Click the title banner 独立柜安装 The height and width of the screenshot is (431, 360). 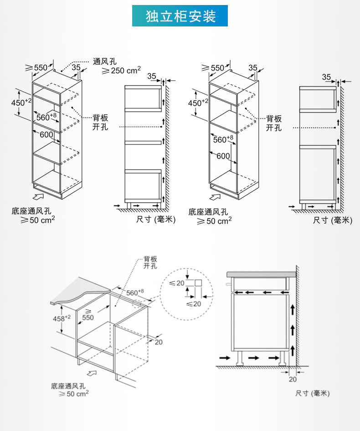[x=180, y=16]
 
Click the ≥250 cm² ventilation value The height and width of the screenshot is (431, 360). [x=121, y=71]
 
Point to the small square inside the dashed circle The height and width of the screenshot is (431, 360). [x=198, y=283]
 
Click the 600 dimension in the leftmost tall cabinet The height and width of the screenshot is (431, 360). [x=46, y=135]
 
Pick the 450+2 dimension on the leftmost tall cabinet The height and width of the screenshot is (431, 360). [x=21, y=102]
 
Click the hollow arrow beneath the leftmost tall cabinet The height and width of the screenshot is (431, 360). [x=40, y=197]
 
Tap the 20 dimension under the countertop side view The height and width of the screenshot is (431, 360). [x=292, y=379]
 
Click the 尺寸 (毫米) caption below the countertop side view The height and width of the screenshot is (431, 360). [x=312, y=393]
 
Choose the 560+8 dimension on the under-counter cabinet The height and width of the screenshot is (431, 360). [x=135, y=292]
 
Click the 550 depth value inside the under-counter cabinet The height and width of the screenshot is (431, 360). [x=87, y=317]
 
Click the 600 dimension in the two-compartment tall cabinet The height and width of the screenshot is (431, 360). [x=223, y=156]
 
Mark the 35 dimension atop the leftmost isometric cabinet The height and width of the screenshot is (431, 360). [x=76, y=67]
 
